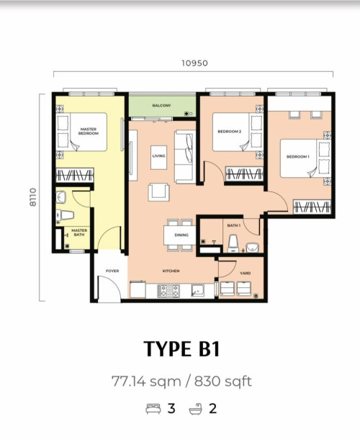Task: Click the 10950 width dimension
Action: [194, 63]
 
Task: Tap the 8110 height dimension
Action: [33, 197]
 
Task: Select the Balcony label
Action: [162, 106]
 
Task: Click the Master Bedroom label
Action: [89, 131]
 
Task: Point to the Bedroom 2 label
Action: [230, 131]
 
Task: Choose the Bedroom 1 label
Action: [297, 156]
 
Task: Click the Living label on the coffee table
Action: [158, 156]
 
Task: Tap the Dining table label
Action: [181, 235]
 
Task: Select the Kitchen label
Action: [171, 271]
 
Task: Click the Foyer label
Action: [112, 271]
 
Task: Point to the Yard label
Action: [245, 273]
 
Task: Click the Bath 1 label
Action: [234, 225]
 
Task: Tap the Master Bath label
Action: [79, 232]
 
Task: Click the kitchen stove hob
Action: [168, 291]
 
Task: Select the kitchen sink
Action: [198, 291]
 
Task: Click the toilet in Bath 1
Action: [233, 243]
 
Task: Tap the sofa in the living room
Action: [185, 157]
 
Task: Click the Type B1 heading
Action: [182, 348]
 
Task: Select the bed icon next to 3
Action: [153, 409]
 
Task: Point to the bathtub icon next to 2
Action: [196, 409]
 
